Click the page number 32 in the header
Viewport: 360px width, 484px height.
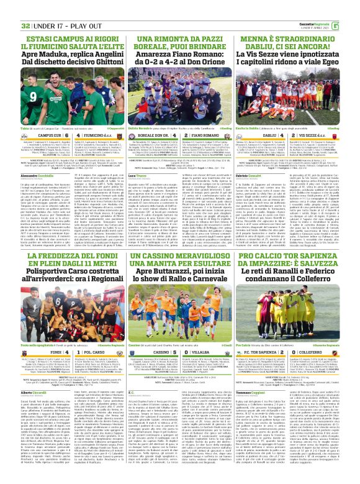pos(9,9)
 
